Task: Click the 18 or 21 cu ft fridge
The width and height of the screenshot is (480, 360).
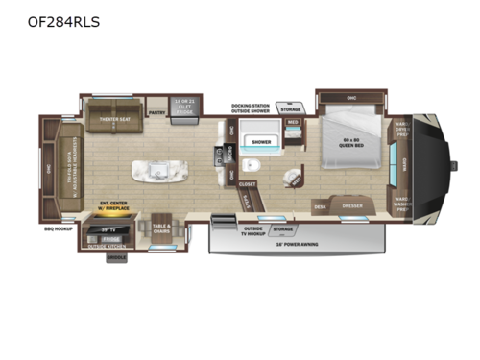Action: point(185,106)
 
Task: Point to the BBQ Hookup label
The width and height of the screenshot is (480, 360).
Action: point(58,230)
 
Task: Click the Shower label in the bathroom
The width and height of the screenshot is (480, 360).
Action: point(260,141)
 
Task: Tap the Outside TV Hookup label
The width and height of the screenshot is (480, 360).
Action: point(254,229)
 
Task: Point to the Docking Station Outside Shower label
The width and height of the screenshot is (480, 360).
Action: point(254,108)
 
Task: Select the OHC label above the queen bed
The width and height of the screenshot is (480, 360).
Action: point(350,98)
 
